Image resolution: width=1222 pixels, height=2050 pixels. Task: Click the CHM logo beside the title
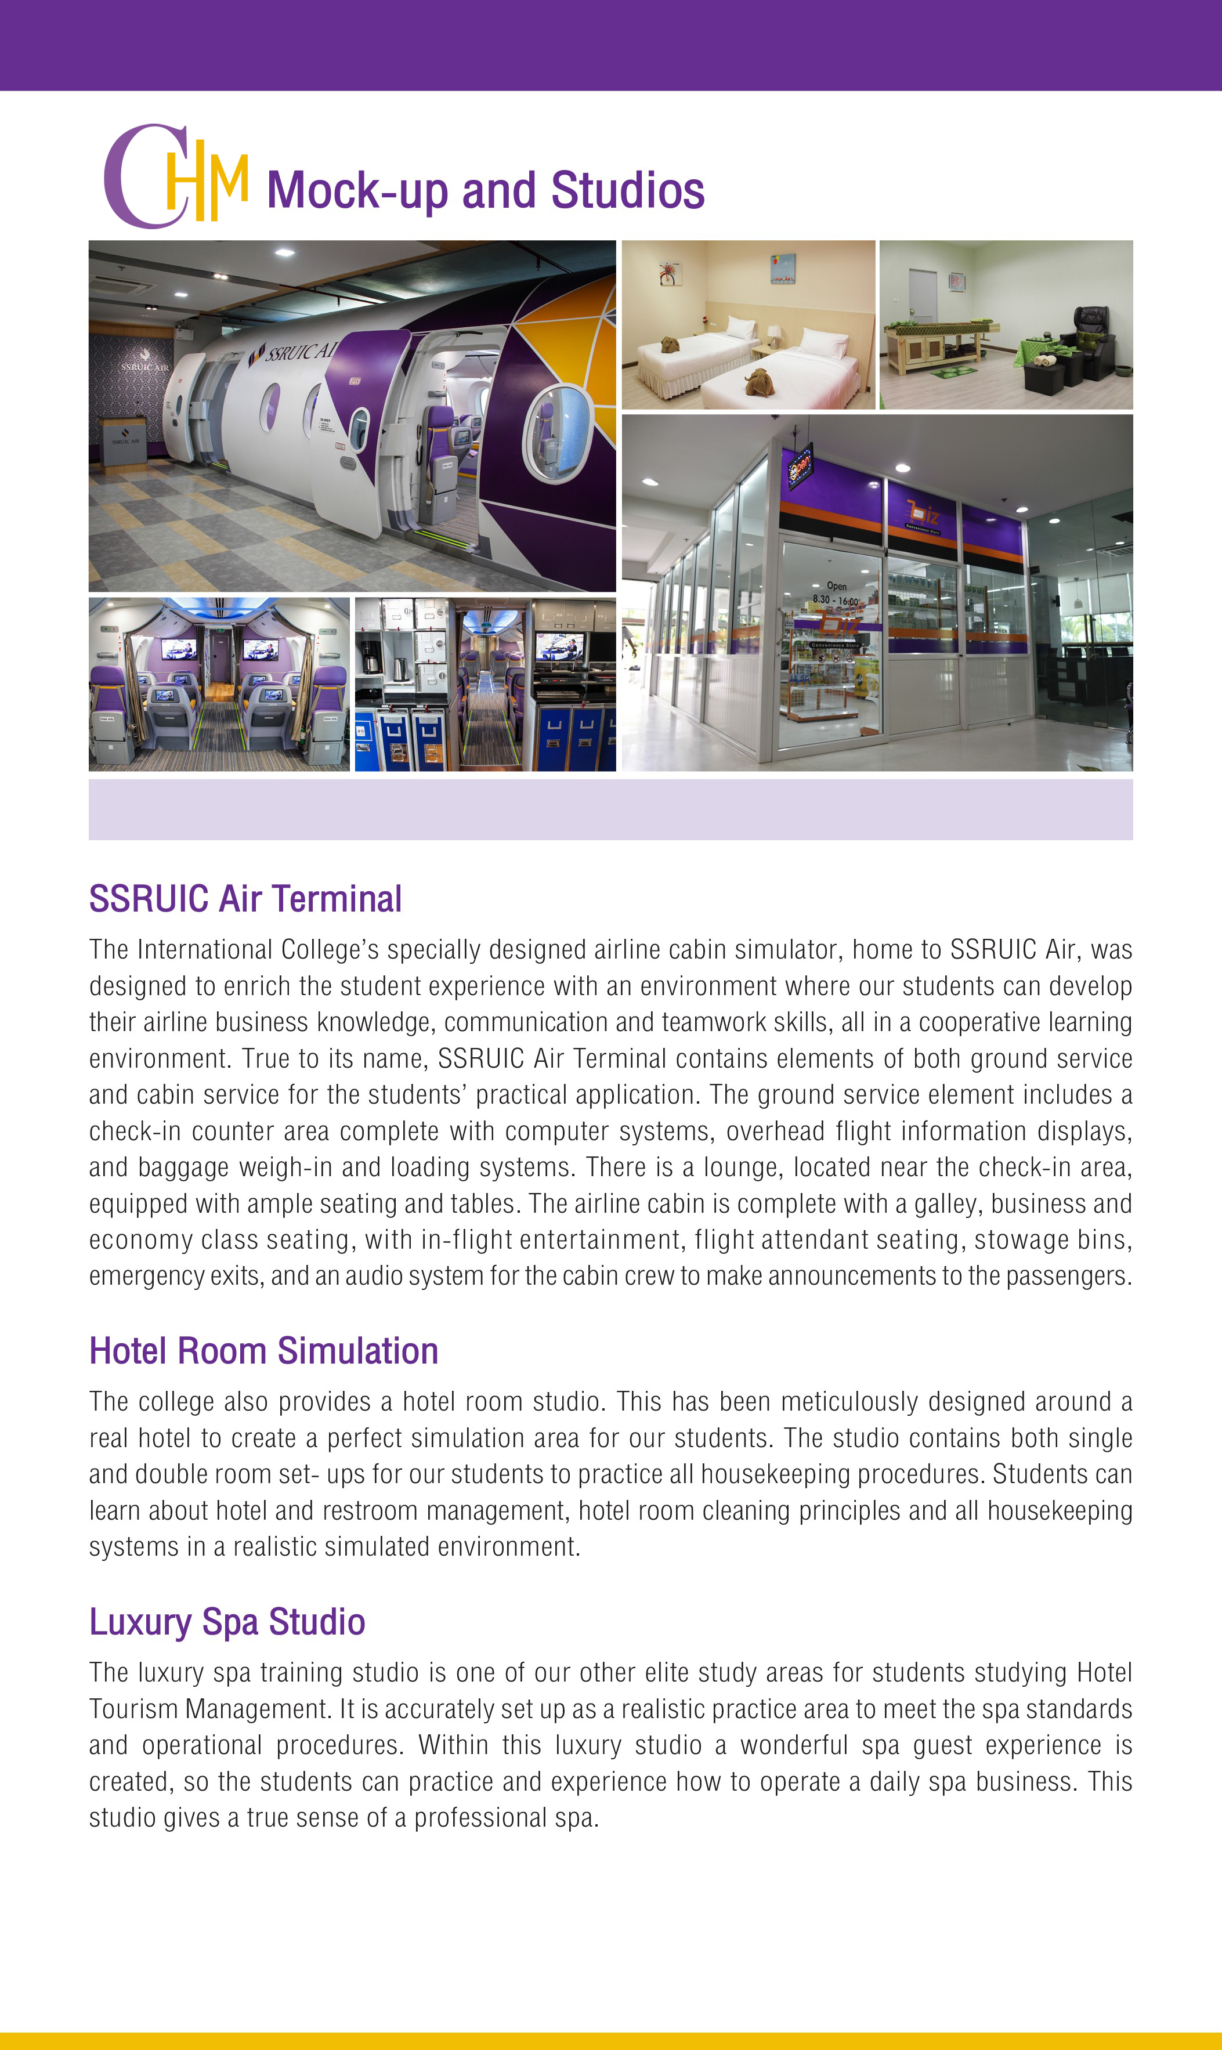pos(175,176)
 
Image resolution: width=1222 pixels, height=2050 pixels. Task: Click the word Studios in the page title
pos(627,191)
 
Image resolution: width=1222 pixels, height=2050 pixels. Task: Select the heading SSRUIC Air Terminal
pos(244,898)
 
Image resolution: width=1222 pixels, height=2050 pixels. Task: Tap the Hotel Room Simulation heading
pos(263,1351)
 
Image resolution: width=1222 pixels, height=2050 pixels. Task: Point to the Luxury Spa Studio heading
pos(226,1621)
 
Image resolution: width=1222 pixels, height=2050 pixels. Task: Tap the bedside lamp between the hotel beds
pos(774,334)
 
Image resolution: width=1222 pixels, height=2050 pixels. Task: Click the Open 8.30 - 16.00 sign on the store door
pos(835,593)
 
